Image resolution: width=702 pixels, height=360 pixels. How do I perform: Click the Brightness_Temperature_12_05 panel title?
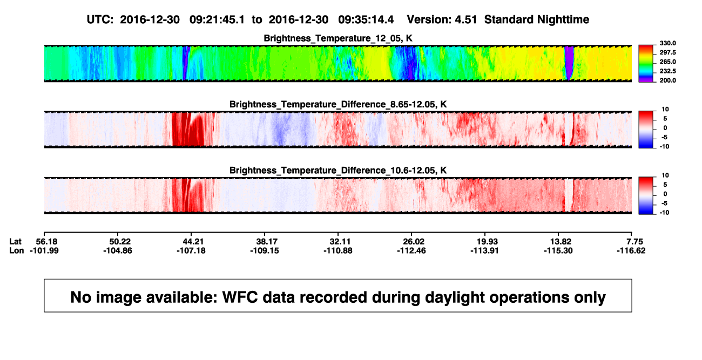(338, 38)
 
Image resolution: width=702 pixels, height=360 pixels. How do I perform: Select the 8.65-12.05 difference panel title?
(338, 104)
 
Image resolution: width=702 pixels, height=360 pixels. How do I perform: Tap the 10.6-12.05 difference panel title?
(338, 171)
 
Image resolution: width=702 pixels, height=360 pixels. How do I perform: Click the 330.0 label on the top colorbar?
(667, 43)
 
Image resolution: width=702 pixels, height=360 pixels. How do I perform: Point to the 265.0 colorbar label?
(667, 62)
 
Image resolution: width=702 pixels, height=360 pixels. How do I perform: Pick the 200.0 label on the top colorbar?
(667, 80)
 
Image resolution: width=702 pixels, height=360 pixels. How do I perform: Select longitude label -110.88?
(338, 250)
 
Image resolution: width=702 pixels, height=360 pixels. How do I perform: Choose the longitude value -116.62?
(631, 250)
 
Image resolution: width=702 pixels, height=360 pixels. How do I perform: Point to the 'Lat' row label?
(15, 242)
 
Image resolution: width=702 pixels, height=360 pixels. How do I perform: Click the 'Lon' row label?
(16, 250)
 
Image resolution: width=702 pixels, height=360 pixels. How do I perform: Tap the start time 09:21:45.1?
(217, 20)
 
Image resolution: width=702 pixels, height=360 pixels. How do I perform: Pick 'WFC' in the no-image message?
(240, 297)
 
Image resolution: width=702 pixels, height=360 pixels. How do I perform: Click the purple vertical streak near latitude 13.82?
(569, 63)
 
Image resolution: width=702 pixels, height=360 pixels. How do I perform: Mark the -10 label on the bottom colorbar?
(665, 213)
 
